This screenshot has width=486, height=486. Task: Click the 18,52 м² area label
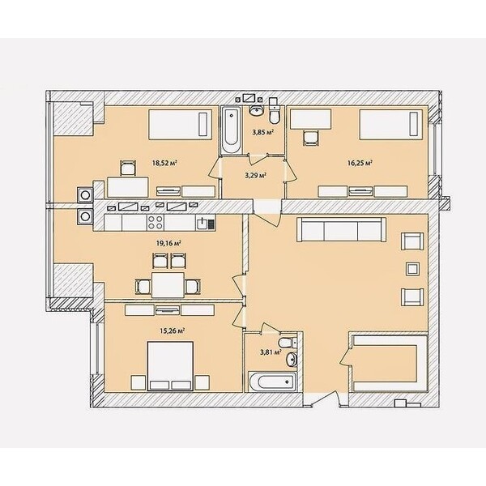pos(164,163)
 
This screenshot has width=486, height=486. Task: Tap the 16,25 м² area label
pos(360,163)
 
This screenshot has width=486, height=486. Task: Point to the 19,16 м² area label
pos(168,243)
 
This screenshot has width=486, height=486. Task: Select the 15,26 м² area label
pos(172,330)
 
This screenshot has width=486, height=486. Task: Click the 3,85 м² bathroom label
pos(262,132)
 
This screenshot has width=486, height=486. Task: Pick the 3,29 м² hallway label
pos(256,176)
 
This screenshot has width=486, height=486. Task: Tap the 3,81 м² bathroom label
pos(271,352)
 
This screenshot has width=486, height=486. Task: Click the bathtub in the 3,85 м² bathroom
pos(231,130)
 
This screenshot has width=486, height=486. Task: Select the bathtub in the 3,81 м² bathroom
pos(272,382)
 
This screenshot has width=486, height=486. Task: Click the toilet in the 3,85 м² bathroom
pos(274,111)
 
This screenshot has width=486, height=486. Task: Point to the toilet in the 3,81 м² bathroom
pos(287,343)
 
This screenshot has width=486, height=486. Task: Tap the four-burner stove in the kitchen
pos(156,222)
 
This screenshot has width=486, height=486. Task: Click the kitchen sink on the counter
pos(205,223)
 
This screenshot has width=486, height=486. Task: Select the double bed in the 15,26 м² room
pos(170,366)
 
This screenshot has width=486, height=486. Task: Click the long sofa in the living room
pos(341,229)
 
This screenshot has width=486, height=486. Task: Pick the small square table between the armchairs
pos(412,269)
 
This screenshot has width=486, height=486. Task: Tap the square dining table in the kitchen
pos(168,285)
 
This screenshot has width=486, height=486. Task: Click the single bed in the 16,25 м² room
pos(390,125)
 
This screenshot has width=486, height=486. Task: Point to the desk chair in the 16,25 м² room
pos(310,138)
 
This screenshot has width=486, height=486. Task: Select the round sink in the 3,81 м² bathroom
pos(292,360)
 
